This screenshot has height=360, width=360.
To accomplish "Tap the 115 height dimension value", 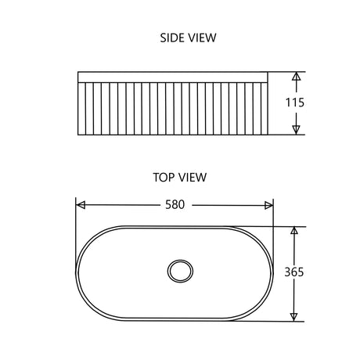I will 296,103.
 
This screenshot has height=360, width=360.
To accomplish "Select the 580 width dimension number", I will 175,205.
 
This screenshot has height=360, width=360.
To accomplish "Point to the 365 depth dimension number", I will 294,272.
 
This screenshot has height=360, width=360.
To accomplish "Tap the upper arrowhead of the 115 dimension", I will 296,77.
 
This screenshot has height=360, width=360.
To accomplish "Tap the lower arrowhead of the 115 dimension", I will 296,128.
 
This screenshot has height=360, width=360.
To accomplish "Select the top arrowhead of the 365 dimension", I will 294,232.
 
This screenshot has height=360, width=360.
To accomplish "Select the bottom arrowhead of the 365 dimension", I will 294,315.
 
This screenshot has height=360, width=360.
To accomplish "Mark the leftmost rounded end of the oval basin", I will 77,273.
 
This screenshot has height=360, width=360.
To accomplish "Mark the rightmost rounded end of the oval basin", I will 274,273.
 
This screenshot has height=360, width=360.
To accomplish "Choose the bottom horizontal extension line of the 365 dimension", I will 266,321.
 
